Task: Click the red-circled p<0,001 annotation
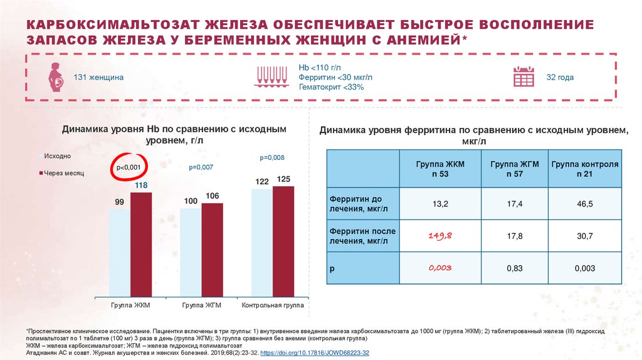(x=130, y=166)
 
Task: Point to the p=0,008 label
(x=271, y=157)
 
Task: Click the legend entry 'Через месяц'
(x=63, y=172)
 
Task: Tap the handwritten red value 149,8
(x=440, y=235)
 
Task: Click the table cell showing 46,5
(x=585, y=203)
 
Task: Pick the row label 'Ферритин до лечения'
(x=354, y=203)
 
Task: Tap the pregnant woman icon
(x=56, y=77)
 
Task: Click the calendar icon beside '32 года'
(x=524, y=77)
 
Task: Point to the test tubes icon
(x=271, y=76)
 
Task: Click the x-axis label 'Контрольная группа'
(x=272, y=305)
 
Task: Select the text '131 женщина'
(x=98, y=77)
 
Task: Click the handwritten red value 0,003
(x=440, y=268)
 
